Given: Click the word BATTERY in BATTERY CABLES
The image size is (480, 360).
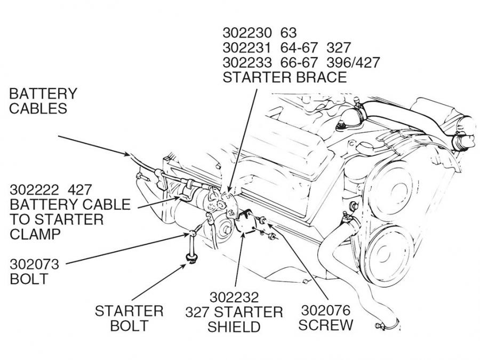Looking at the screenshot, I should click(x=43, y=94).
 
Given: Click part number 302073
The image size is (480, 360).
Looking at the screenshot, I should click(x=34, y=264).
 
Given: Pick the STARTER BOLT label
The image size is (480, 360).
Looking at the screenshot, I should click(x=129, y=318).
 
